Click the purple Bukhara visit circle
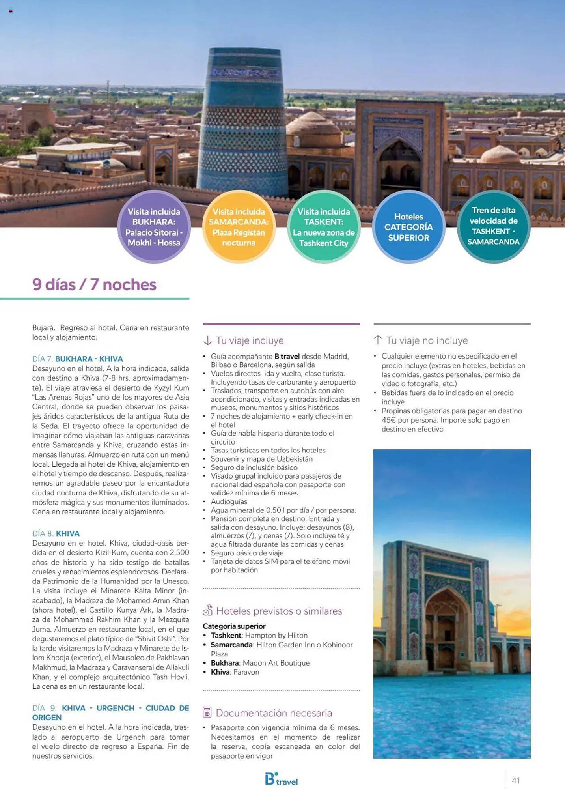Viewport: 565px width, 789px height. (x=154, y=227)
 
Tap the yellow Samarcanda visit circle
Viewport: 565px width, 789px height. (x=239, y=227)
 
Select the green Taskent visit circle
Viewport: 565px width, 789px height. (x=324, y=227)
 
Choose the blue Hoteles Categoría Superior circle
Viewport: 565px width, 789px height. (x=408, y=227)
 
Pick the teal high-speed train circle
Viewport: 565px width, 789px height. (x=493, y=226)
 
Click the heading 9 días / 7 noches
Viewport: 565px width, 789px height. (x=94, y=284)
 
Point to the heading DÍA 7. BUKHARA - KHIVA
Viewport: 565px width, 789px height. (x=78, y=359)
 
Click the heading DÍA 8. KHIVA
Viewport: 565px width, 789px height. (x=56, y=533)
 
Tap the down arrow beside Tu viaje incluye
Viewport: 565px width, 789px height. (x=208, y=340)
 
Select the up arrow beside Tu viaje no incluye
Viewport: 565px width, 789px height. (x=378, y=340)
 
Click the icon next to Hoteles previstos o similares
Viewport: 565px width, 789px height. (x=208, y=611)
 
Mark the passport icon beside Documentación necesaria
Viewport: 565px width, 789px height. (x=207, y=712)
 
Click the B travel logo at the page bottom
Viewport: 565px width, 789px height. (x=281, y=779)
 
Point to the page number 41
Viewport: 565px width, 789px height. (x=516, y=780)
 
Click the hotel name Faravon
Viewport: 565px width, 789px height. (x=246, y=672)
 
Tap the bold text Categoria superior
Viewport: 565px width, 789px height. (x=234, y=626)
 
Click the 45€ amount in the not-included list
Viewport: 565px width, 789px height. (x=388, y=420)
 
